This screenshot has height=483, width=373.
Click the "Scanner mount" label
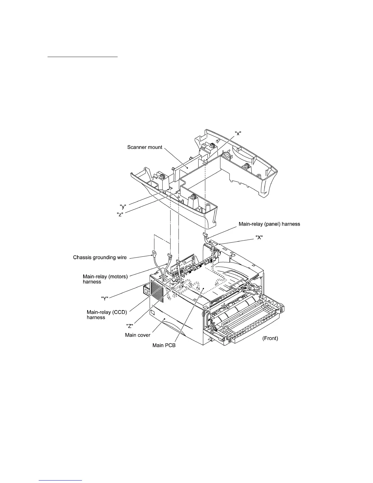[x=145, y=147]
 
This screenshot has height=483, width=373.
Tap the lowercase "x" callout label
[x=239, y=133]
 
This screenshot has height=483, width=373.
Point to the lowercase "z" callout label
[x=120, y=214]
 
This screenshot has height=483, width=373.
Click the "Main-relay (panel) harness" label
[x=269, y=224]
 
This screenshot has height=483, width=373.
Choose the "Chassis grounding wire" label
[x=100, y=258]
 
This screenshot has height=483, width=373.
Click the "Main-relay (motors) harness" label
[x=105, y=279]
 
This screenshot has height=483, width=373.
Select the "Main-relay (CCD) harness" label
[x=107, y=315]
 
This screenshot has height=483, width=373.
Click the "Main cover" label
[x=137, y=335]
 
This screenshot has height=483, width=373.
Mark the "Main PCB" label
[x=164, y=345]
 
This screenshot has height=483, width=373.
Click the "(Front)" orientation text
[x=270, y=338]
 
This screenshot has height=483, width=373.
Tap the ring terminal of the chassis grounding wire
[x=155, y=252]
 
